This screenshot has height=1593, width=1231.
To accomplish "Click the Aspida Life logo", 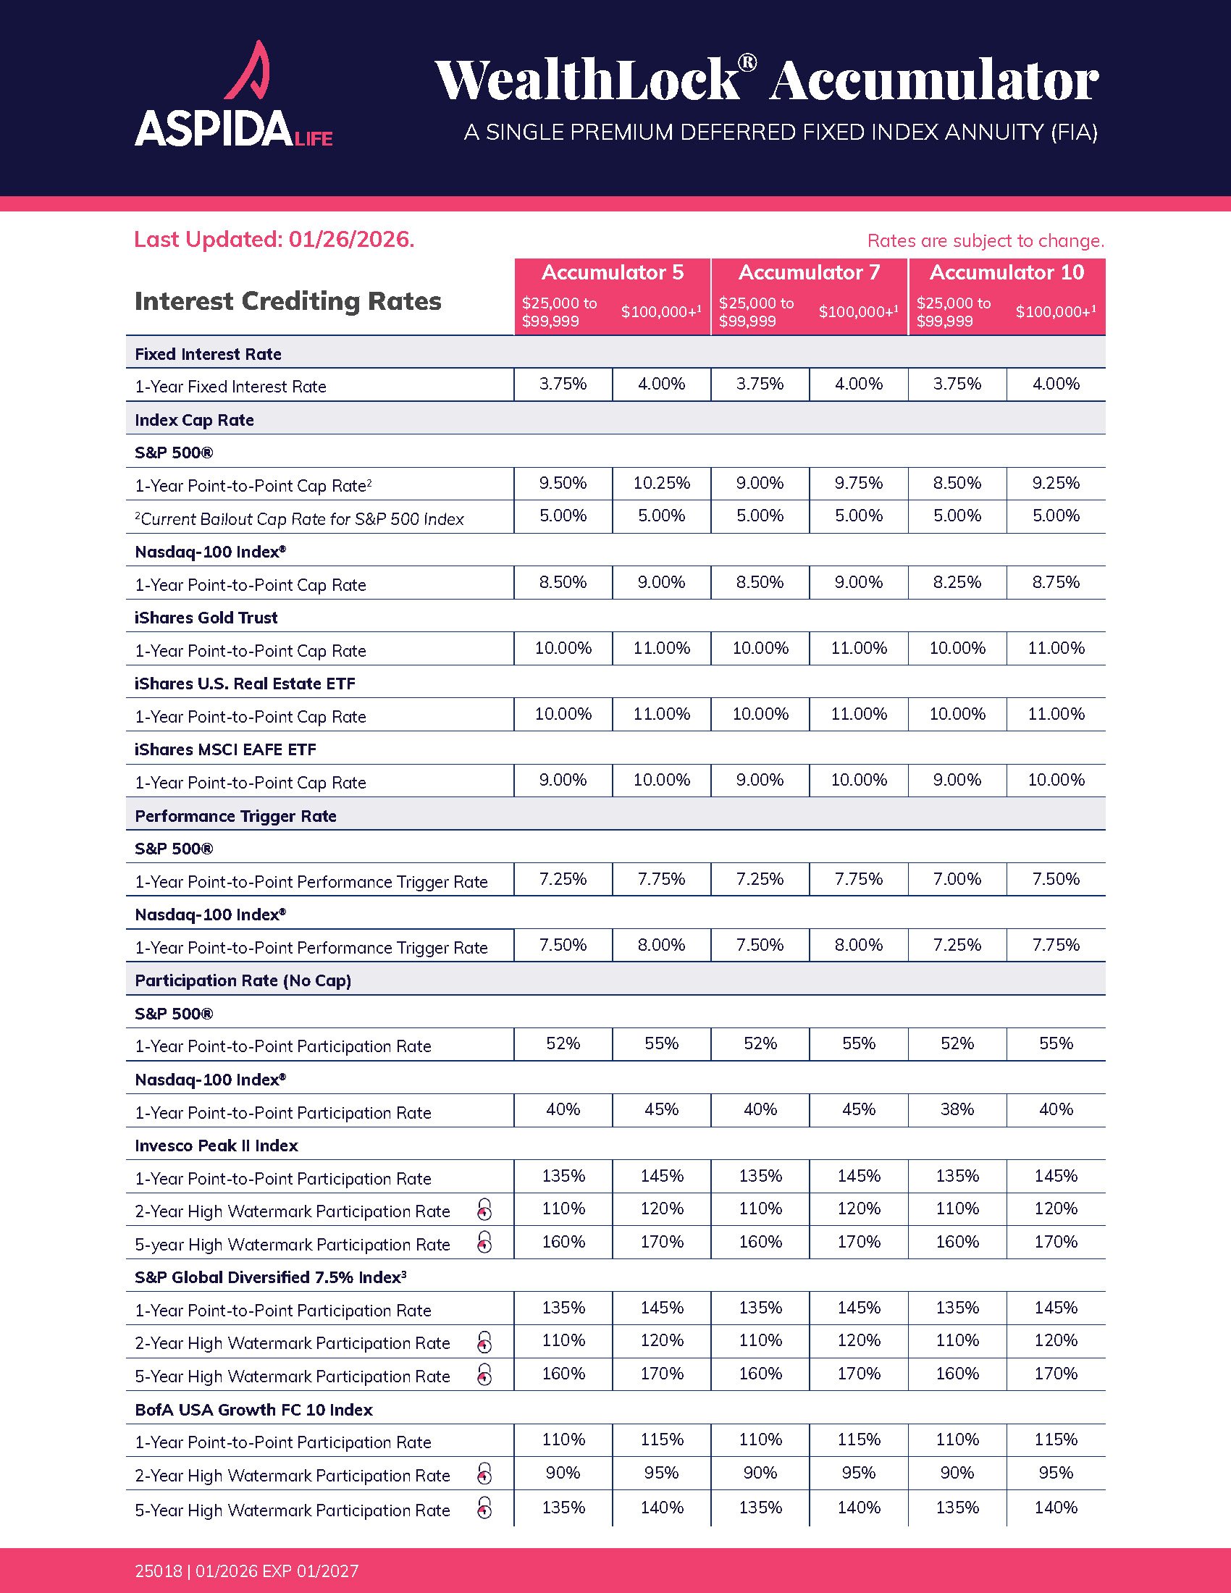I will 233,95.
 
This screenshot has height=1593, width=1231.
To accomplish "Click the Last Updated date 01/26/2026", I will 274,239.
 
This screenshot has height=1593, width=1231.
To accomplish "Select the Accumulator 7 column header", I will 809,273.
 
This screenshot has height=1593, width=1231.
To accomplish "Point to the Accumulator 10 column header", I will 1007,273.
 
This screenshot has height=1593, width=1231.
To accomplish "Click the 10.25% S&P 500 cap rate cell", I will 661,483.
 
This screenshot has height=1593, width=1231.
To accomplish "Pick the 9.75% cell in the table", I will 858,483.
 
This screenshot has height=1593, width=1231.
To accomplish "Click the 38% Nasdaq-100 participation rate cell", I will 957,1109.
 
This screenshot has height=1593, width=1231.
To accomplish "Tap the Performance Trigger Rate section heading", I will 235,816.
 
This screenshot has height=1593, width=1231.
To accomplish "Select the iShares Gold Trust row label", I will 206,618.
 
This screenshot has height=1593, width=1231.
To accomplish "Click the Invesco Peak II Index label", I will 217,1146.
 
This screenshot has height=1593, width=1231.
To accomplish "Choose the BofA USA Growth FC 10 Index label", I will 253,1410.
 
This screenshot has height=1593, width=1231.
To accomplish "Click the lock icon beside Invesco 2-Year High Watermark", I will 484,1210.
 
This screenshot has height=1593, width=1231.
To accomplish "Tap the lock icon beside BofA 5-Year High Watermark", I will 484,1508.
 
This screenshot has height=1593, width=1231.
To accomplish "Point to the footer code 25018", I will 158,1571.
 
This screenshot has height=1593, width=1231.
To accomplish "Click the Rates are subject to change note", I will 986,240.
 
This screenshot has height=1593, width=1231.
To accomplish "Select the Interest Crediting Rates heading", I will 288,301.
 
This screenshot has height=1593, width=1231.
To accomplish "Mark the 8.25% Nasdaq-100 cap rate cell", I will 957,582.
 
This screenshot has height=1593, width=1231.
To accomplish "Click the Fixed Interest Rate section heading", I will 208,355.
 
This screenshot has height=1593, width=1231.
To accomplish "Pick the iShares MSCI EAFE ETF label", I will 225,750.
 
